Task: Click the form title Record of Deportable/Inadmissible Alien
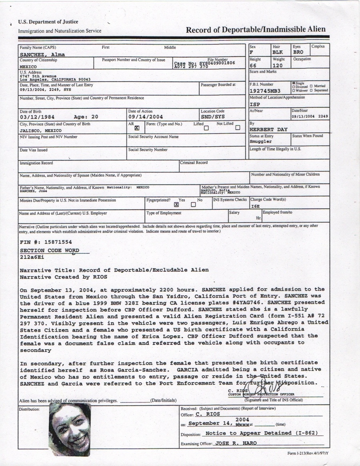(x=256, y=30)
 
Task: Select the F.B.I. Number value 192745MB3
(x=266, y=91)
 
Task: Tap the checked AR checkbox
(x=137, y=128)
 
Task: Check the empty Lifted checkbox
(x=206, y=128)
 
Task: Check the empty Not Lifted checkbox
(x=238, y=128)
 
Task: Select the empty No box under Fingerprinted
(x=193, y=205)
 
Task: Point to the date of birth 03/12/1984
(x=37, y=117)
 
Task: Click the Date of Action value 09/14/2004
(x=145, y=117)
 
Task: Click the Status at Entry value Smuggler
(x=261, y=141)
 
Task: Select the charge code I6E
(x=256, y=206)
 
